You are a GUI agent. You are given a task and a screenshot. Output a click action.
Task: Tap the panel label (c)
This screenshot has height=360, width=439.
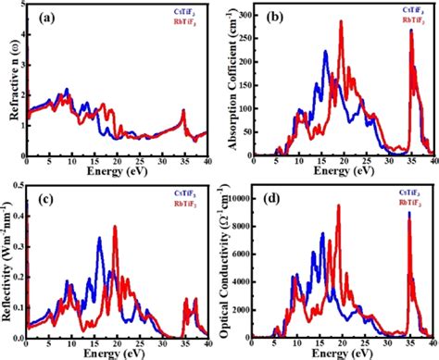point(44,199)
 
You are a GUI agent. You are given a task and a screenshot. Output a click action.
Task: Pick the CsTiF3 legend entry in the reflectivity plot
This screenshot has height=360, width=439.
point(187,192)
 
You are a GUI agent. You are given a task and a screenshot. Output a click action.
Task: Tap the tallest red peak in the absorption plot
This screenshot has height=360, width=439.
point(341,22)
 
